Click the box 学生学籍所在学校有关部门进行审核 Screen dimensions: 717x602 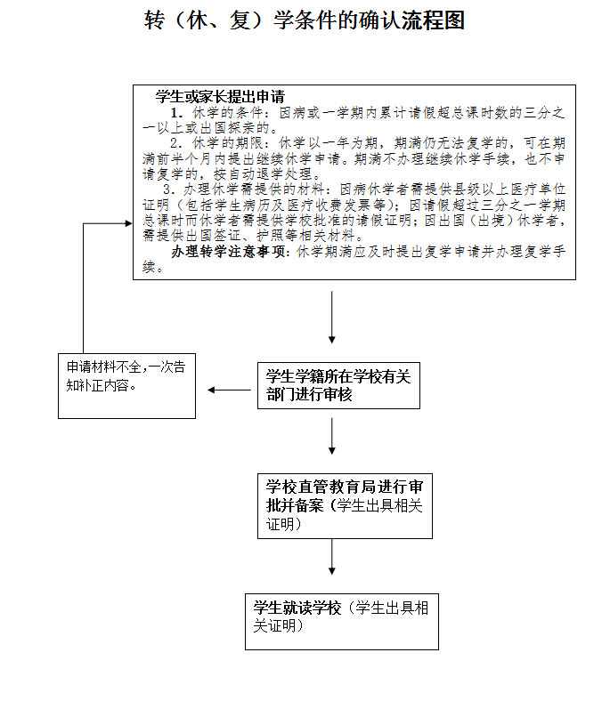(337, 386)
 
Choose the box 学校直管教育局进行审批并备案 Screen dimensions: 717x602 (345, 505)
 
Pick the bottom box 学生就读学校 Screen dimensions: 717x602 (342, 617)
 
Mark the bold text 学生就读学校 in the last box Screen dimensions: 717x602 (297, 608)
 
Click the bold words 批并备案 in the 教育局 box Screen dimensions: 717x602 (297, 505)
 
